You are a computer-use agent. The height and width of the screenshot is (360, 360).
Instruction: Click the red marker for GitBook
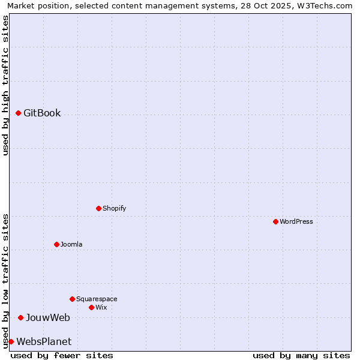click(18, 113)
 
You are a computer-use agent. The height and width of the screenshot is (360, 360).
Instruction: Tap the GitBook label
click(42, 113)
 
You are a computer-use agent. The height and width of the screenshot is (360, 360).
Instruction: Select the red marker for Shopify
click(98, 208)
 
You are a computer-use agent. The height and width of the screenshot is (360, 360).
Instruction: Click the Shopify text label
click(114, 208)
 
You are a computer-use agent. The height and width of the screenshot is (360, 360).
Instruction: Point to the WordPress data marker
click(275, 221)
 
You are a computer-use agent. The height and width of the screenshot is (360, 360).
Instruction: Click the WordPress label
click(296, 221)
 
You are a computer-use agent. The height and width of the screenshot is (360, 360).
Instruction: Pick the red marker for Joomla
click(56, 244)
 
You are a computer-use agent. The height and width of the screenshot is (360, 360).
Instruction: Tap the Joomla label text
click(71, 244)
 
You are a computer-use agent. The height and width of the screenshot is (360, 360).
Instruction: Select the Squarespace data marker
click(72, 299)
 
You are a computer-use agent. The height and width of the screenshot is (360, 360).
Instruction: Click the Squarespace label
click(97, 299)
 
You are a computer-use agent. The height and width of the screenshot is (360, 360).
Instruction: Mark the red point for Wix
click(91, 307)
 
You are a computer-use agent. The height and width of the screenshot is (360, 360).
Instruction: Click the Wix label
click(101, 307)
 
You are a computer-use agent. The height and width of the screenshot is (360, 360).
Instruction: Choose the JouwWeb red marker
click(20, 317)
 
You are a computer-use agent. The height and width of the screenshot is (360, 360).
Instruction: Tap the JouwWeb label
click(48, 317)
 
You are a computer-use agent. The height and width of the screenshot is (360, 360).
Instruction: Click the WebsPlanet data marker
click(11, 341)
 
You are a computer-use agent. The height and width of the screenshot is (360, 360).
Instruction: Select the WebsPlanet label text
click(44, 341)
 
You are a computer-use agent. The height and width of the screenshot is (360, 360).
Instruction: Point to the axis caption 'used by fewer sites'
click(62, 355)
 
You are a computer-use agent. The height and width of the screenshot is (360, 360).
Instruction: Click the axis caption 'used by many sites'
click(301, 355)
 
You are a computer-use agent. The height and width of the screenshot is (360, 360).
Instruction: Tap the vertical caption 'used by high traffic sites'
click(6, 85)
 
